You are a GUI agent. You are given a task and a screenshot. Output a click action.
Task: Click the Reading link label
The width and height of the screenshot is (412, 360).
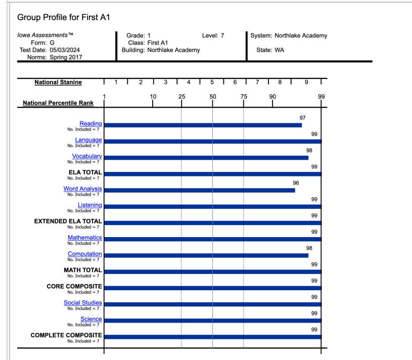click(x=90, y=123)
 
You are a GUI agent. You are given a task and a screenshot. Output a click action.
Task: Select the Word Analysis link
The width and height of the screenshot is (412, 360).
click(x=82, y=189)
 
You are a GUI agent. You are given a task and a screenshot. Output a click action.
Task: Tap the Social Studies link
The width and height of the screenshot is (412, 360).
click(x=82, y=303)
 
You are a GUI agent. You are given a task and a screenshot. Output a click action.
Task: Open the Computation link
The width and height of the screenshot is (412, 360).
click(x=84, y=254)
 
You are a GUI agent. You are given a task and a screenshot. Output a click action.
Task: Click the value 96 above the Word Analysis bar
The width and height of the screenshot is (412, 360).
click(x=296, y=183)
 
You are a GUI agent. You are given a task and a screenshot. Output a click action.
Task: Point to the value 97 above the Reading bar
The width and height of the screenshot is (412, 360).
click(x=303, y=118)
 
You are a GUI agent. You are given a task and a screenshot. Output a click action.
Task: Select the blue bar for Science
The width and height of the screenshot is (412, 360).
click(x=212, y=321)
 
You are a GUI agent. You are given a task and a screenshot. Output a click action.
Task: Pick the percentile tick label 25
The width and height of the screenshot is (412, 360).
click(x=181, y=97)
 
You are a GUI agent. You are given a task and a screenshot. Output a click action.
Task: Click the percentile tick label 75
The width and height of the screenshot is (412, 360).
click(x=244, y=97)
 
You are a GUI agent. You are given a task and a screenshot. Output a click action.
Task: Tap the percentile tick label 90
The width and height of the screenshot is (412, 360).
click(x=272, y=97)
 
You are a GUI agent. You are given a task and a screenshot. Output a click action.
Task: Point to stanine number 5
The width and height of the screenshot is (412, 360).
click(x=212, y=82)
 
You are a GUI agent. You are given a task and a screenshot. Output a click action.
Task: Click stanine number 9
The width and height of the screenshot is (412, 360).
click(x=306, y=82)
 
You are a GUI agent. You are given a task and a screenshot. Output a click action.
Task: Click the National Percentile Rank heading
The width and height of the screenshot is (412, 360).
click(x=58, y=103)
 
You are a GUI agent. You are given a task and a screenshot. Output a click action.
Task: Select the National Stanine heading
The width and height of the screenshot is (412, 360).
click(x=58, y=82)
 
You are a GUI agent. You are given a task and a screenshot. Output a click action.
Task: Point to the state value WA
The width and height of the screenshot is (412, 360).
click(x=280, y=50)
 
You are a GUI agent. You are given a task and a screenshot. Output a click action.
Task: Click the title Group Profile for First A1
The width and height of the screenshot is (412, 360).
click(x=64, y=18)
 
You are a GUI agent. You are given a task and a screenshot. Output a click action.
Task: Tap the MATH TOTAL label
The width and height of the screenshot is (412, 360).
click(x=82, y=270)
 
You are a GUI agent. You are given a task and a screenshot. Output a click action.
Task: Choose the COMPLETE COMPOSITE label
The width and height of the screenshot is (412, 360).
click(x=66, y=335)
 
